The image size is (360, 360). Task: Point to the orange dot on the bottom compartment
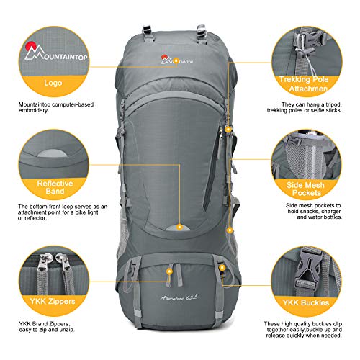pyautogui.click(x=169, y=270)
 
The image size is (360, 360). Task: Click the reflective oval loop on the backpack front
pyautogui.click(x=176, y=228)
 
